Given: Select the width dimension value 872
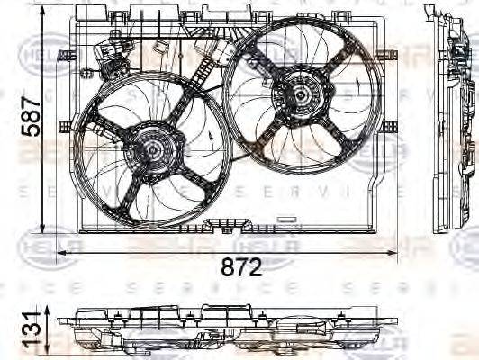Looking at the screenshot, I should tap(240, 266).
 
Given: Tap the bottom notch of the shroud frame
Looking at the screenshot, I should tap(229, 221).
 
